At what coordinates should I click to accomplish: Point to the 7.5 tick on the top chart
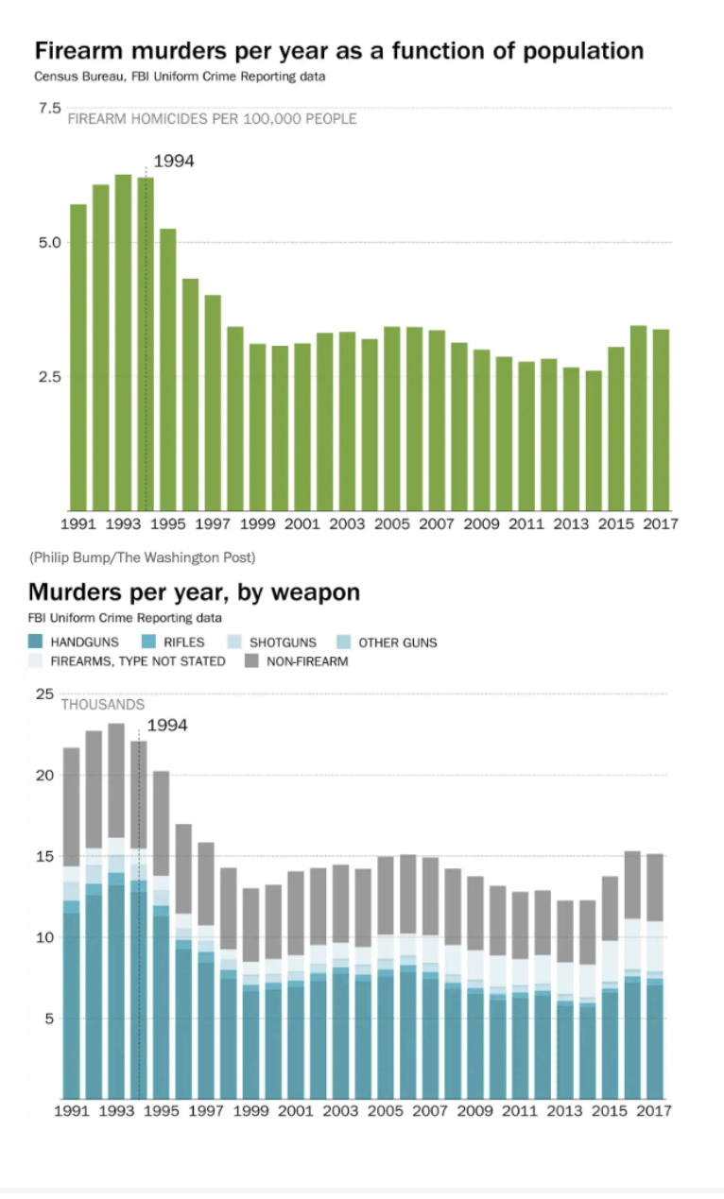(49, 109)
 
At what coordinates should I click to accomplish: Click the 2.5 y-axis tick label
(49, 376)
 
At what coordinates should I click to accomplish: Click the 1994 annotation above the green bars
(173, 162)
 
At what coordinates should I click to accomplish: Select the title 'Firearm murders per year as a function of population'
(339, 50)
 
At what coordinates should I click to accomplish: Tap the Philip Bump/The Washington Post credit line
(142, 557)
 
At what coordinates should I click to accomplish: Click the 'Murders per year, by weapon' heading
(194, 592)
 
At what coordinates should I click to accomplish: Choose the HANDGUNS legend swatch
(37, 642)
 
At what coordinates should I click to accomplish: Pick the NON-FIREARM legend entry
(301, 661)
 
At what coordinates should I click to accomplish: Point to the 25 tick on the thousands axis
(43, 694)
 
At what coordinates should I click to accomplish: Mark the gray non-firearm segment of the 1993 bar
(116, 780)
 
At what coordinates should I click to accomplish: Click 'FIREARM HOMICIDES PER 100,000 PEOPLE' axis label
(212, 119)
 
